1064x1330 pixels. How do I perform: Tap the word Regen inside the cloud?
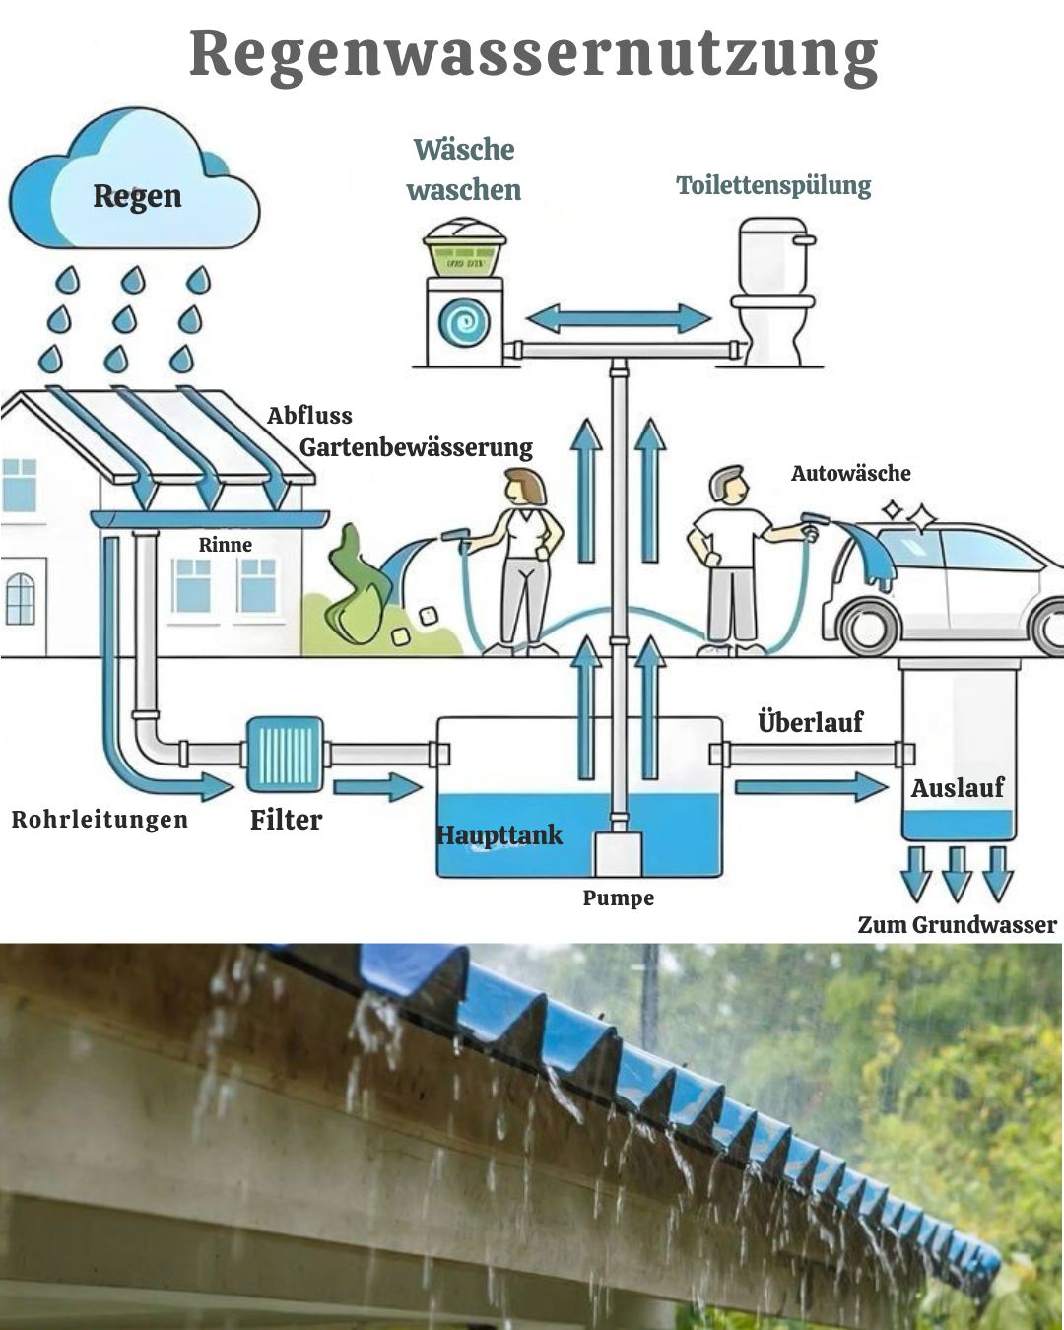pos(137,195)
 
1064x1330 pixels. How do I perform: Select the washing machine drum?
pos(464,321)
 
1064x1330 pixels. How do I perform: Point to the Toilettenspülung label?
pos(773,185)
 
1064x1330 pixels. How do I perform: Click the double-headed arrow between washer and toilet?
pos(618,318)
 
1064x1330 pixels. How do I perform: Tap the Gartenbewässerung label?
pos(416,447)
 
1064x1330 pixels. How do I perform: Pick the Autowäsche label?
pos(850,473)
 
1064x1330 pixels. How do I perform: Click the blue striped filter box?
pos(285,754)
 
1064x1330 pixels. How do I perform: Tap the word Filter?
pos(286,820)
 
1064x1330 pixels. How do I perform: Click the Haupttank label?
pos(499,835)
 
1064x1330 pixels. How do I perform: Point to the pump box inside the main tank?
pos(618,853)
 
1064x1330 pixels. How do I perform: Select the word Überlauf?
pos(810,722)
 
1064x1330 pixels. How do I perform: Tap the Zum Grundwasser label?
pos(957,925)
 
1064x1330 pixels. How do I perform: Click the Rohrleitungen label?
pos(100,820)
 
